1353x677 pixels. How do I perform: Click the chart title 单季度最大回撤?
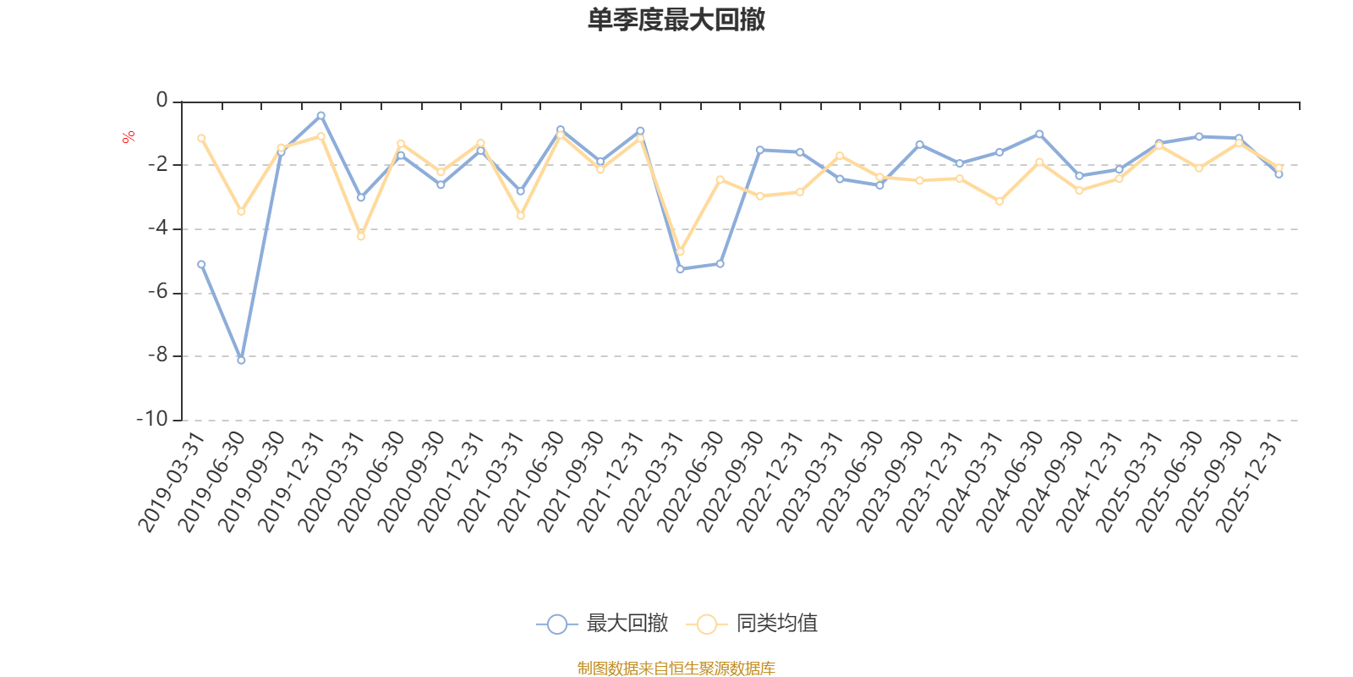tap(676, 20)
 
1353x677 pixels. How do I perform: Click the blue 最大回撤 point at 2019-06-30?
tap(241, 361)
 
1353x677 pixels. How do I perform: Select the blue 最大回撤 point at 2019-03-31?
tap(201, 264)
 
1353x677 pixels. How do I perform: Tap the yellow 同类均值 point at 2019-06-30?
tap(241, 212)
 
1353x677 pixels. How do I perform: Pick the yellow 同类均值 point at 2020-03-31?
tap(361, 237)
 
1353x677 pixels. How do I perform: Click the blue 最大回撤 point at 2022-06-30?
tap(720, 264)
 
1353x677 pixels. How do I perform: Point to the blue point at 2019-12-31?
tap(321, 115)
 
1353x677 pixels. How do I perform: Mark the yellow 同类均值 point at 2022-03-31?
tap(680, 252)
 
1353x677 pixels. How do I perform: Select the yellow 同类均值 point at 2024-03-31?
tap(1000, 201)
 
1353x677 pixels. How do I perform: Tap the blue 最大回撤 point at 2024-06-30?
tap(1039, 134)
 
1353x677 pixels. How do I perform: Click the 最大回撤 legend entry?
tap(602, 625)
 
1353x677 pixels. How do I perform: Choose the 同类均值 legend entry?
tap(753, 625)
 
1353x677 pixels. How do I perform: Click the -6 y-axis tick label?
tap(157, 293)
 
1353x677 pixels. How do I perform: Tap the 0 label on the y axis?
tap(162, 102)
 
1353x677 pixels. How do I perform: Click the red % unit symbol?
tap(129, 137)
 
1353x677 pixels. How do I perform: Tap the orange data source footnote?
tap(676, 669)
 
